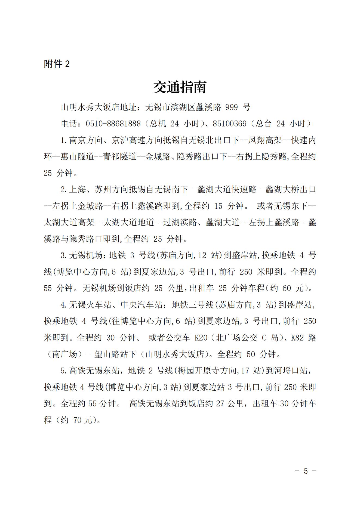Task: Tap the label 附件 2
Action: coord(57,64)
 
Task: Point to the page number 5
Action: coord(306,471)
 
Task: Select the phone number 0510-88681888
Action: coord(113,124)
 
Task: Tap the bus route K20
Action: coord(201,338)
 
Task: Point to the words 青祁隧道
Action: coord(120,157)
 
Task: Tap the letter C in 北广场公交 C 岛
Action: coord(264,338)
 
